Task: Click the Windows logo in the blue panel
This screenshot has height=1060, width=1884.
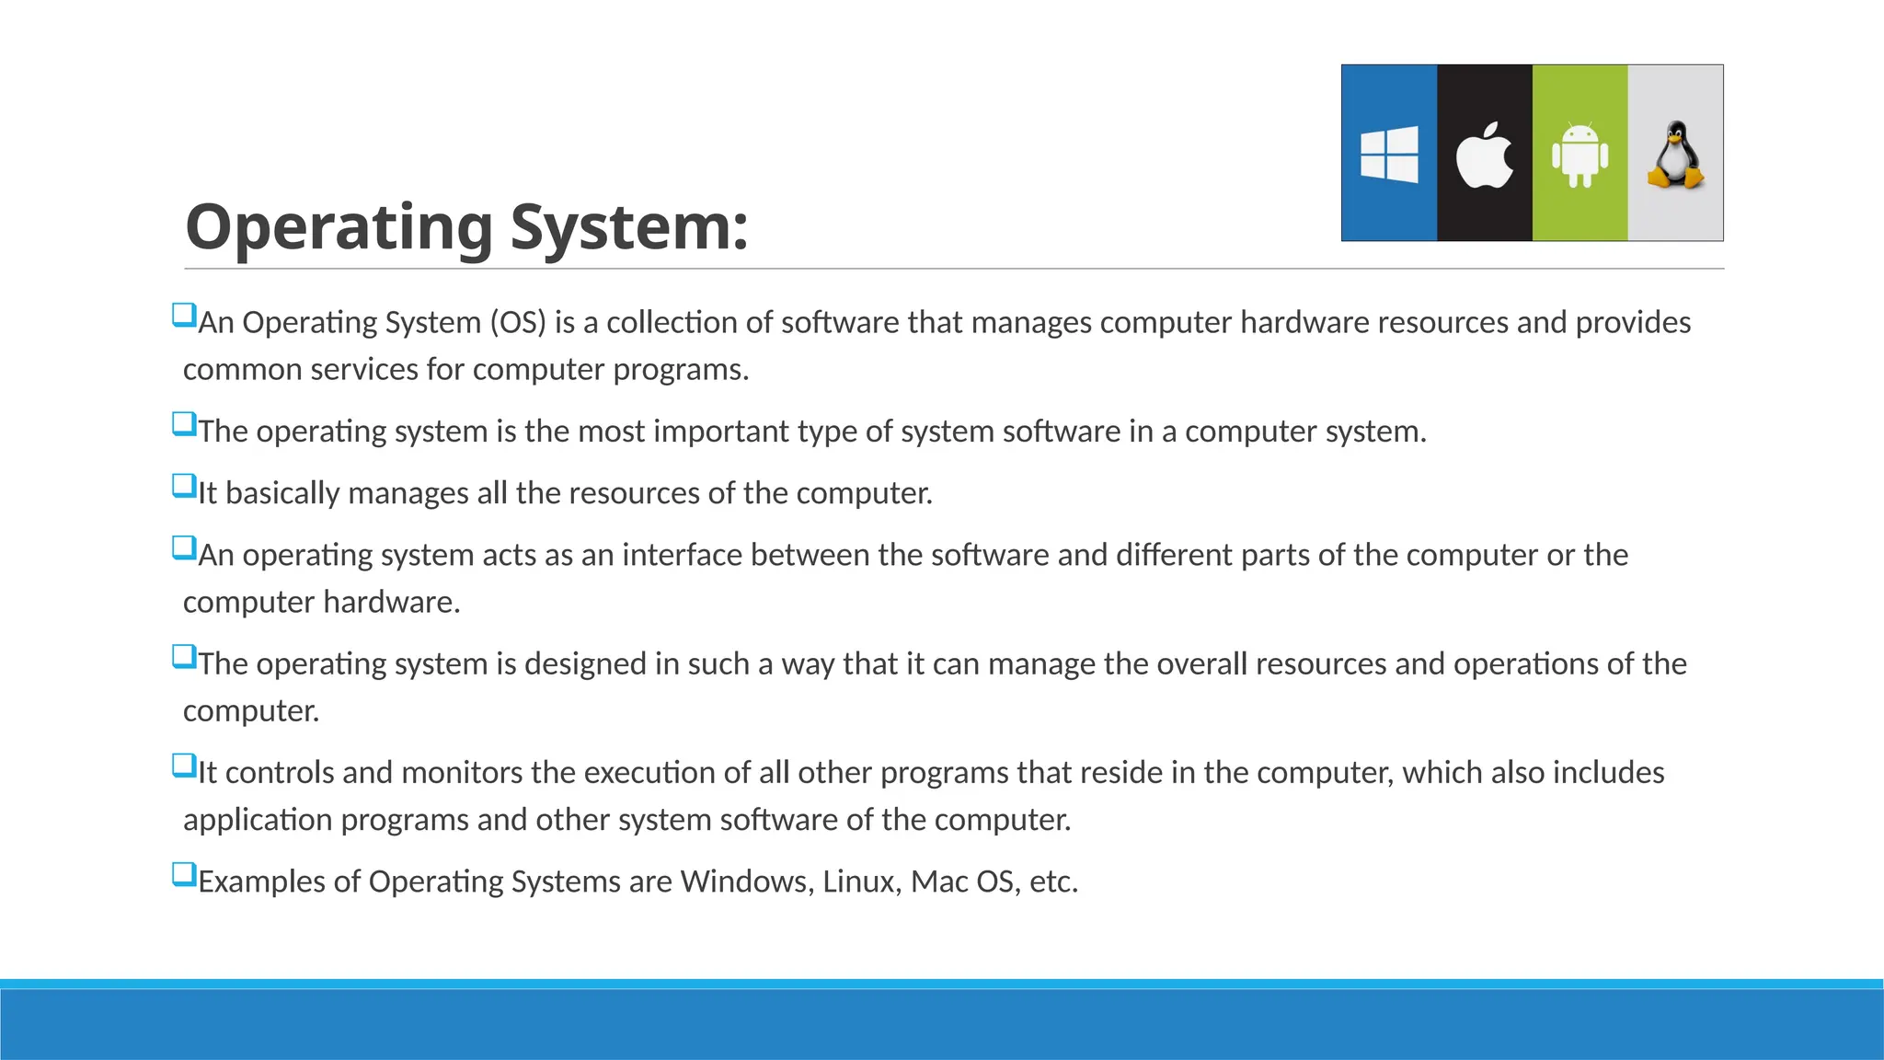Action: point(1389,155)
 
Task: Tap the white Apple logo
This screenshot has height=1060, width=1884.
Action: point(1484,155)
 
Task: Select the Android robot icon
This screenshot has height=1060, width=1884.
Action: point(1580,155)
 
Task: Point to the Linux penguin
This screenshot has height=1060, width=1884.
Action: point(1675,155)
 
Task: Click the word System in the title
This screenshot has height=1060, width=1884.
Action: point(629,226)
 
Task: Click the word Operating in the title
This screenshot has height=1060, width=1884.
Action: point(339,228)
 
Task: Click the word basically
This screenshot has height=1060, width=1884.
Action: point(283,493)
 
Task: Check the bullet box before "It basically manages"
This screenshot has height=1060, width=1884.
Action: point(184,486)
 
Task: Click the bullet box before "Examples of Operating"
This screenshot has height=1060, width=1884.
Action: point(184,874)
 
